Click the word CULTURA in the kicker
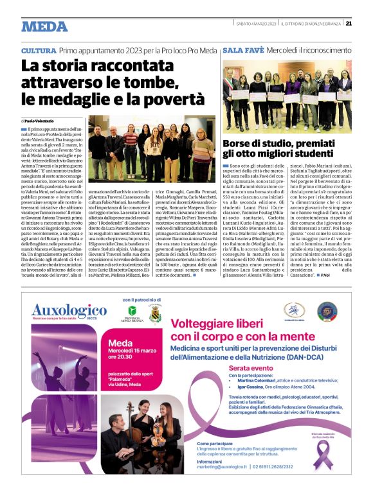pyautogui.click(x=39, y=50)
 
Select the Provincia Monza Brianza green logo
pyautogui.click(x=134, y=313)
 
